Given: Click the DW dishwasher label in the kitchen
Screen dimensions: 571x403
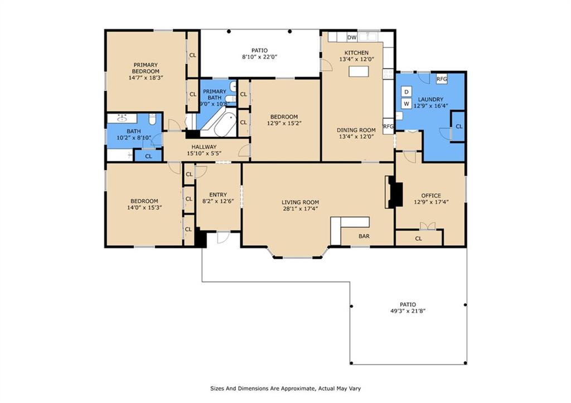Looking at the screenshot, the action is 352,37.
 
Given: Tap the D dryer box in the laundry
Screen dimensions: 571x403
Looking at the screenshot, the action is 407,91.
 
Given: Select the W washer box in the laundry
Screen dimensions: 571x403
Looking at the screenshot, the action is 407,104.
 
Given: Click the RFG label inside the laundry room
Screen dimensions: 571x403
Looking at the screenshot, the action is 442,79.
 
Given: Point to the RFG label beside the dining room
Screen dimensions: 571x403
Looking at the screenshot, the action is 388,127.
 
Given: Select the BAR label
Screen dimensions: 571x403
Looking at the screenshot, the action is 364,236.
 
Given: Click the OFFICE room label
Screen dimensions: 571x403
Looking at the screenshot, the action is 431,196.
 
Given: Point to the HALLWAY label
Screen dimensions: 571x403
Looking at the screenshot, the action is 204,147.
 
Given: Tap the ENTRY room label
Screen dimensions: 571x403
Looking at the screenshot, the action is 218,195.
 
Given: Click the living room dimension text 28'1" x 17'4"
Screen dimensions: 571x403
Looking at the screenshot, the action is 300,208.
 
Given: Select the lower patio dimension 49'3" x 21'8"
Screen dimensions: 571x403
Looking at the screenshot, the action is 408,311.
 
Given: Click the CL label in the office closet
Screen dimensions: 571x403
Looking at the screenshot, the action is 418,239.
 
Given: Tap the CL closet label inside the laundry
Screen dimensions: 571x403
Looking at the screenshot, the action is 459,127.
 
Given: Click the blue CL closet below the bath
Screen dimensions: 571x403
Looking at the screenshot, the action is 148,156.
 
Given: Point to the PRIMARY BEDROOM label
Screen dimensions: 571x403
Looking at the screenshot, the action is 146,68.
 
